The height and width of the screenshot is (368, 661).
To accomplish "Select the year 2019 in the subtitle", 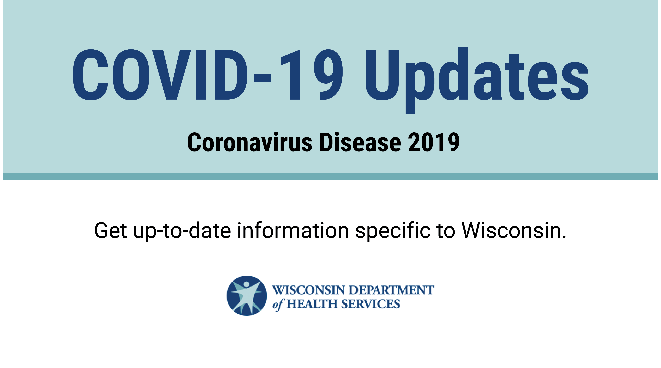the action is point(434,142).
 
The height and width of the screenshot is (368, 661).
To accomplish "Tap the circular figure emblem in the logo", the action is point(247,296).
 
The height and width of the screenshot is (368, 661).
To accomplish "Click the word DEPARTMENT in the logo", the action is point(391,290).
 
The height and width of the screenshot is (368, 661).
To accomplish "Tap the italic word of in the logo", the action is point(278,305).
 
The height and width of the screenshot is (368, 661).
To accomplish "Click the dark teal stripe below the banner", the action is point(330,176).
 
